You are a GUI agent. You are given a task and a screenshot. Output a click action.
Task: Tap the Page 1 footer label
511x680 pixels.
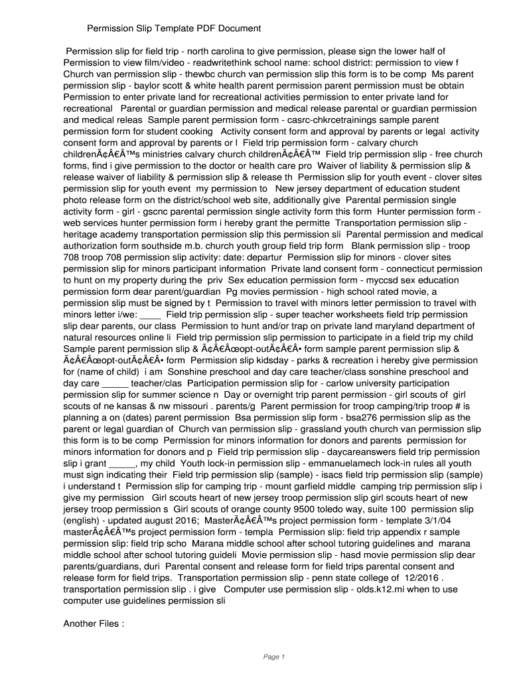coord(273,657)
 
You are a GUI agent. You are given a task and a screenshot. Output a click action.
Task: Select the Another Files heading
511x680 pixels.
coord(93,624)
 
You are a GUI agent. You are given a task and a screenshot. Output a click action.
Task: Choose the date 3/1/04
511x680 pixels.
coord(449,520)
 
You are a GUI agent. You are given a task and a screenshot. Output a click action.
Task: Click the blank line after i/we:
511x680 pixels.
coord(151,314)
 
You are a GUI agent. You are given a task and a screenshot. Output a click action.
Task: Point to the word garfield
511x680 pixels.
coord(311,485)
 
